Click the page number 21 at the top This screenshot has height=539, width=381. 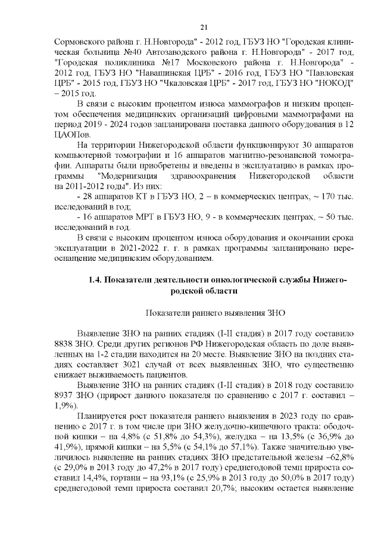point(204,27)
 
